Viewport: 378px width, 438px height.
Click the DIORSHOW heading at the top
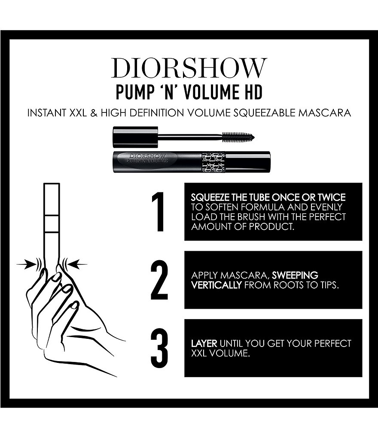189,68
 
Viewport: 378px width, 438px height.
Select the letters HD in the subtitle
251,92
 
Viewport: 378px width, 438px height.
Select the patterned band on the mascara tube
213,162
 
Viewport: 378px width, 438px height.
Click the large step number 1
159,212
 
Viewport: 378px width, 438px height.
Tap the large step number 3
159,348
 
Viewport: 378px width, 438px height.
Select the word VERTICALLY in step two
216,285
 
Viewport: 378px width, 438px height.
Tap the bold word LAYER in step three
204,344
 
